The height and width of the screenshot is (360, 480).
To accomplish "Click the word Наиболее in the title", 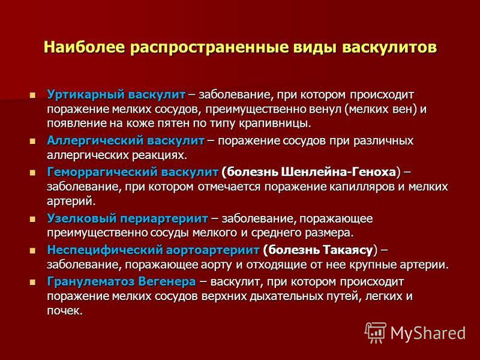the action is [84, 47].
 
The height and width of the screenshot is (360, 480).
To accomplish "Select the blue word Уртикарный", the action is [85, 95].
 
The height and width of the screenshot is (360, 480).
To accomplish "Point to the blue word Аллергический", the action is [95, 141].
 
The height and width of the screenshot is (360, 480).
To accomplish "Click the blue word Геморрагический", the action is [103, 172].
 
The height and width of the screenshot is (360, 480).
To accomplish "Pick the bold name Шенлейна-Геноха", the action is [338, 172].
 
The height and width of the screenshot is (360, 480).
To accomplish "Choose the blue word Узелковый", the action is [82, 218].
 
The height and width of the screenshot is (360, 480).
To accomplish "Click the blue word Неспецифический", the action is [104, 250].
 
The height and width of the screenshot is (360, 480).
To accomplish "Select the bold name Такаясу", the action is [348, 250].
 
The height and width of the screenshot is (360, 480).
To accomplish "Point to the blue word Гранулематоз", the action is [91, 281].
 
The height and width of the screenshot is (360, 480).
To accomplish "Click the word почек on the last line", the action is [65, 311].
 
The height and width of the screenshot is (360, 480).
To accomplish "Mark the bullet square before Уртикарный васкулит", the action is [33, 95].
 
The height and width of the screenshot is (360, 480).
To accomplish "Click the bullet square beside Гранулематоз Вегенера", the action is [33, 282].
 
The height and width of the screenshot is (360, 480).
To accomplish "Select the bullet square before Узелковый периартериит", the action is [33, 219].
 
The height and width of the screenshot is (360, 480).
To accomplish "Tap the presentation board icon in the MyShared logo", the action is [376, 332].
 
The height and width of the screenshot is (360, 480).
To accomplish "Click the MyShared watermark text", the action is [428, 333].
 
